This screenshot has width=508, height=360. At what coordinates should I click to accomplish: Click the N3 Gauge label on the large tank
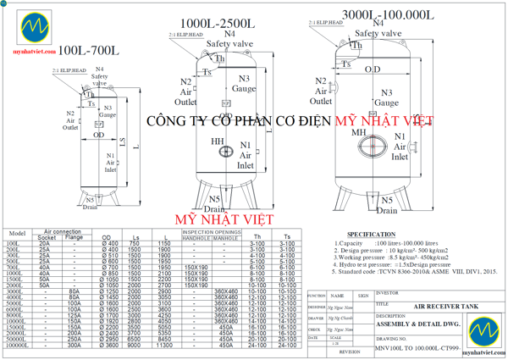(390, 97)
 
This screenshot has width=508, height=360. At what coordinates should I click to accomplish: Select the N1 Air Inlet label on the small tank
(110, 162)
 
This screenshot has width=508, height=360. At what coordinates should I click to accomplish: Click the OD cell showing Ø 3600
(109, 346)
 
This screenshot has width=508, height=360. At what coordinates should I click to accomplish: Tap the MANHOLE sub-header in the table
(225, 238)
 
